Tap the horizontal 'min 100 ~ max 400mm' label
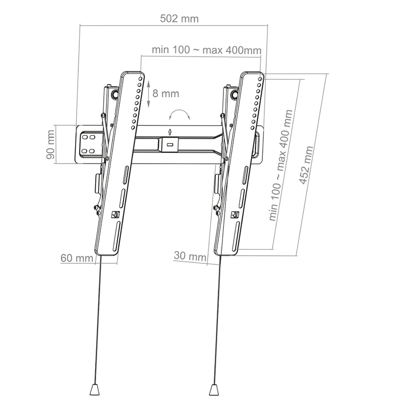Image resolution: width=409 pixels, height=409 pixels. coord(207,50)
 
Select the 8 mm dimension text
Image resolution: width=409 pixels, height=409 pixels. coord(166,94)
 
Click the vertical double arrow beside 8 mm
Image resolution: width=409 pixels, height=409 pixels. coord(148,94)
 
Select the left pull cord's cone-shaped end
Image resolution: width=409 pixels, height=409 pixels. coord(95,389)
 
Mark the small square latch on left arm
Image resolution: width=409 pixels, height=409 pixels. coord(115,215)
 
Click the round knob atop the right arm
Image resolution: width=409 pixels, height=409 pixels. coord(234,94)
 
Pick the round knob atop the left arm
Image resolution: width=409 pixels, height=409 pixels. coord(116,94)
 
